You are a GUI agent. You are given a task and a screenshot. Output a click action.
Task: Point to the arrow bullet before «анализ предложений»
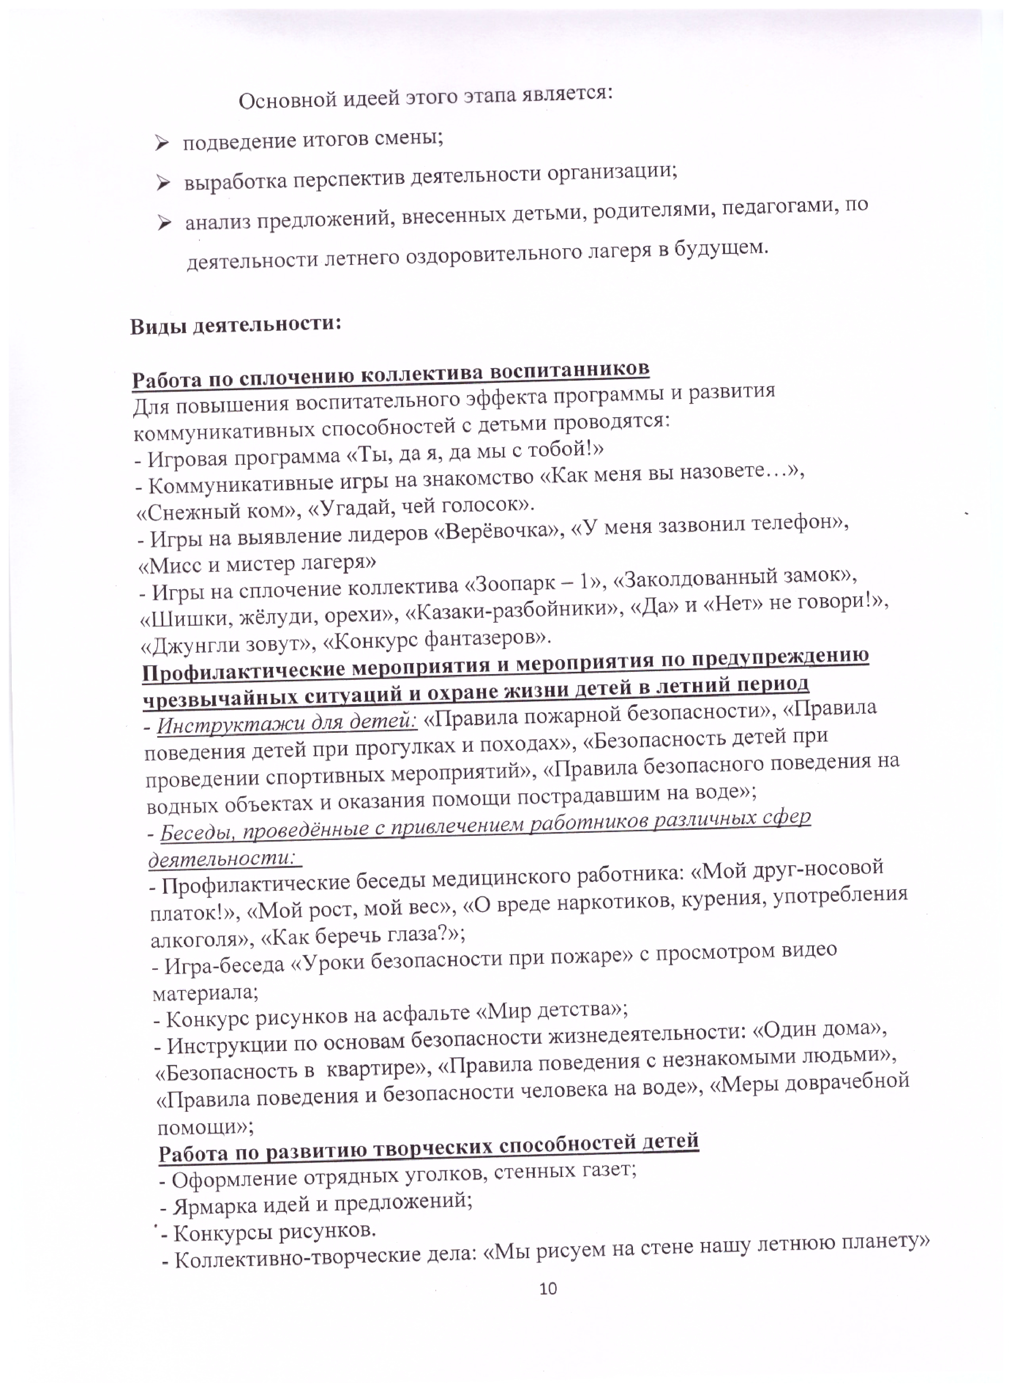pyautogui.click(x=164, y=224)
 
